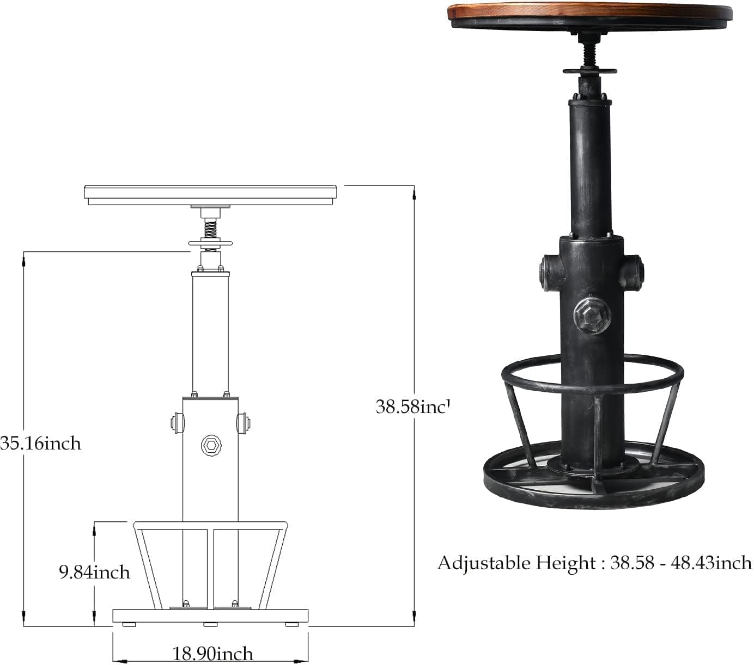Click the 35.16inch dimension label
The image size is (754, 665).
[x=40, y=443]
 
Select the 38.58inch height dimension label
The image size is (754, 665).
[x=412, y=406]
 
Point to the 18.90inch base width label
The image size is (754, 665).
[x=212, y=653]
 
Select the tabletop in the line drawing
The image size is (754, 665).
[x=210, y=193]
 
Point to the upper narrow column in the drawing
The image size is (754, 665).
[x=210, y=332]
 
